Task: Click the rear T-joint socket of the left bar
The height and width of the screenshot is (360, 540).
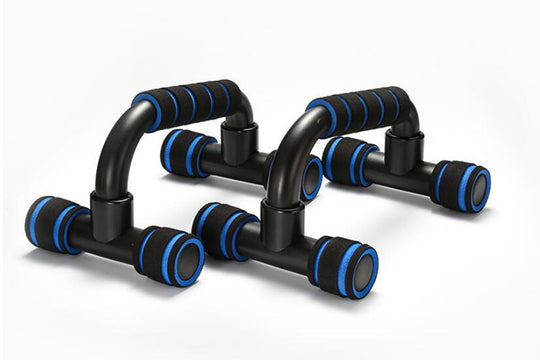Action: coord(240,141)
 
